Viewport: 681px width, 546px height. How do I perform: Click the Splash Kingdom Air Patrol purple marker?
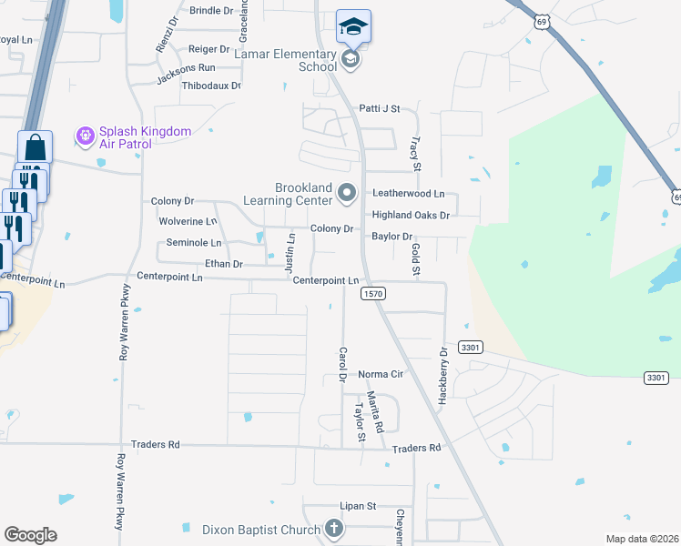pos(86,136)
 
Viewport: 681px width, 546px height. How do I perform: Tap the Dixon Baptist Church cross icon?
pos(334,529)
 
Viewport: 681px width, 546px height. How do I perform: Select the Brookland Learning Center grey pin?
pos(347,193)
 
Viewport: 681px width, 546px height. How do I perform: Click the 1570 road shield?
pos(373,293)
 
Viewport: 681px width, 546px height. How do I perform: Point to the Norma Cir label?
pos(380,374)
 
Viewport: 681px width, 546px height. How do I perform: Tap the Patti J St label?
pos(379,108)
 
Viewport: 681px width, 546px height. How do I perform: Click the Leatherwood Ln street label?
pos(408,194)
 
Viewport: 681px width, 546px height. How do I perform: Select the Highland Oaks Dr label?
pos(411,216)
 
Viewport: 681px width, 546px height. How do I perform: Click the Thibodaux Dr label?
pos(211,86)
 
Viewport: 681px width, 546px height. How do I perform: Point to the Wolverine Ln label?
pos(188,221)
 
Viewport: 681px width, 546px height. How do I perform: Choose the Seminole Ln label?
pos(193,243)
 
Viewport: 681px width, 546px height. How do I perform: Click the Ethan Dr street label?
pos(224,264)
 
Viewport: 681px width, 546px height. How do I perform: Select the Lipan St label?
pos(359,506)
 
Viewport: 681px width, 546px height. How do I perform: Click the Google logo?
pos(30,535)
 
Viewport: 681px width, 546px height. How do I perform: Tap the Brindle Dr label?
pos(211,10)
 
